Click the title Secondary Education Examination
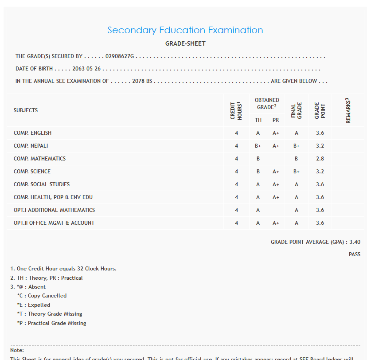pyautogui.click(x=185, y=30)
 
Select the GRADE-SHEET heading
pyautogui.click(x=185, y=43)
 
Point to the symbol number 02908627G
pyautogui.click(x=120, y=57)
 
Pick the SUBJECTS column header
pyautogui.click(x=26, y=110)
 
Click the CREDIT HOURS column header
pyautogui.click(x=236, y=110)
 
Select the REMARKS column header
pyautogui.click(x=348, y=110)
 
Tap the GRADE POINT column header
pyautogui.click(x=320, y=110)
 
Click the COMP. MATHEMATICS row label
pyautogui.click(x=39, y=159)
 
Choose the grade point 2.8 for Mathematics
pyautogui.click(x=320, y=159)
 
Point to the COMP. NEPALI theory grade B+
pyautogui.click(x=258, y=146)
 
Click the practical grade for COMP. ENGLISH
pyautogui.click(x=276, y=133)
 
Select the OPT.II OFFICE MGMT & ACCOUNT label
pyautogui.click(x=54, y=223)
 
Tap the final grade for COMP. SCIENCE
pyautogui.click(x=296, y=172)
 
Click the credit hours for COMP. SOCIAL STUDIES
pyautogui.click(x=237, y=184)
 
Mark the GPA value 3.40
pyautogui.click(x=355, y=242)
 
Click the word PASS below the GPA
pyautogui.click(x=354, y=254)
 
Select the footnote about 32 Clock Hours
pyautogui.click(x=63, y=269)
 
